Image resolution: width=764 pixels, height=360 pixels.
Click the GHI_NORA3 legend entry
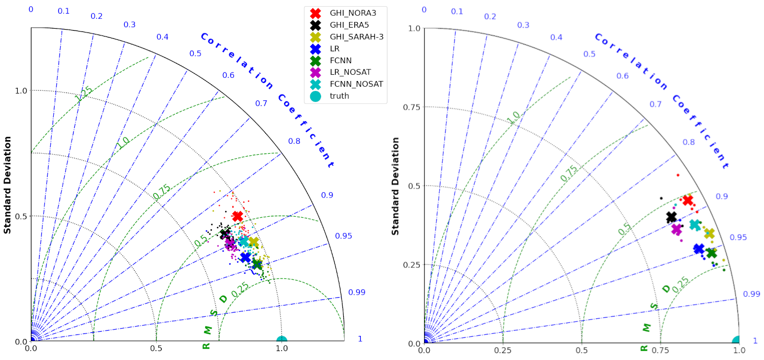pyautogui.click(x=352, y=13)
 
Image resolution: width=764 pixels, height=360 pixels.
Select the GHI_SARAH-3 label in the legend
pyautogui.click(x=357, y=37)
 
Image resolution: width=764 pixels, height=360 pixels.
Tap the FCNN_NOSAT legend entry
pyautogui.click(x=356, y=84)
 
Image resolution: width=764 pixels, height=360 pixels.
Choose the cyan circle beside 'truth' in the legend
pyautogui.click(x=315, y=96)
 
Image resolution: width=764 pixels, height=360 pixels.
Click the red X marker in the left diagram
pyautogui.click(x=238, y=216)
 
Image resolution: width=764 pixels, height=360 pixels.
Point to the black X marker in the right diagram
pyautogui.click(x=672, y=217)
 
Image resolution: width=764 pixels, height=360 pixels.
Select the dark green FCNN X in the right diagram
pyautogui.click(x=711, y=253)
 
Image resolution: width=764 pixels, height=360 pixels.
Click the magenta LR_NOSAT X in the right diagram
pyautogui.click(x=677, y=229)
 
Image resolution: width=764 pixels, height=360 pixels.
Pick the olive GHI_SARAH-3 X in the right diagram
pyautogui.click(x=709, y=233)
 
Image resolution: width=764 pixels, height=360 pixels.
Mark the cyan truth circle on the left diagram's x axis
pyautogui.click(x=281, y=342)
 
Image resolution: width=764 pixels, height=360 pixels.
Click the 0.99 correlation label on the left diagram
pyautogui.click(x=357, y=293)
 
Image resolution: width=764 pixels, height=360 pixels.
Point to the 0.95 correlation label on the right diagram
pyautogui.click(x=738, y=238)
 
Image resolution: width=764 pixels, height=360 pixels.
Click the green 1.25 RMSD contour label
pyautogui.click(x=84, y=93)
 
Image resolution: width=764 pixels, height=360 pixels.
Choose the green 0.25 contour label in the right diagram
pyautogui.click(x=680, y=284)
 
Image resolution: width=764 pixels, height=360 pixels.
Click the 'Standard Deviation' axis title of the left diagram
pyautogui.click(x=8, y=184)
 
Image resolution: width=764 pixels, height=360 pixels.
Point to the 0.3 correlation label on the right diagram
pyautogui.click(x=523, y=26)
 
